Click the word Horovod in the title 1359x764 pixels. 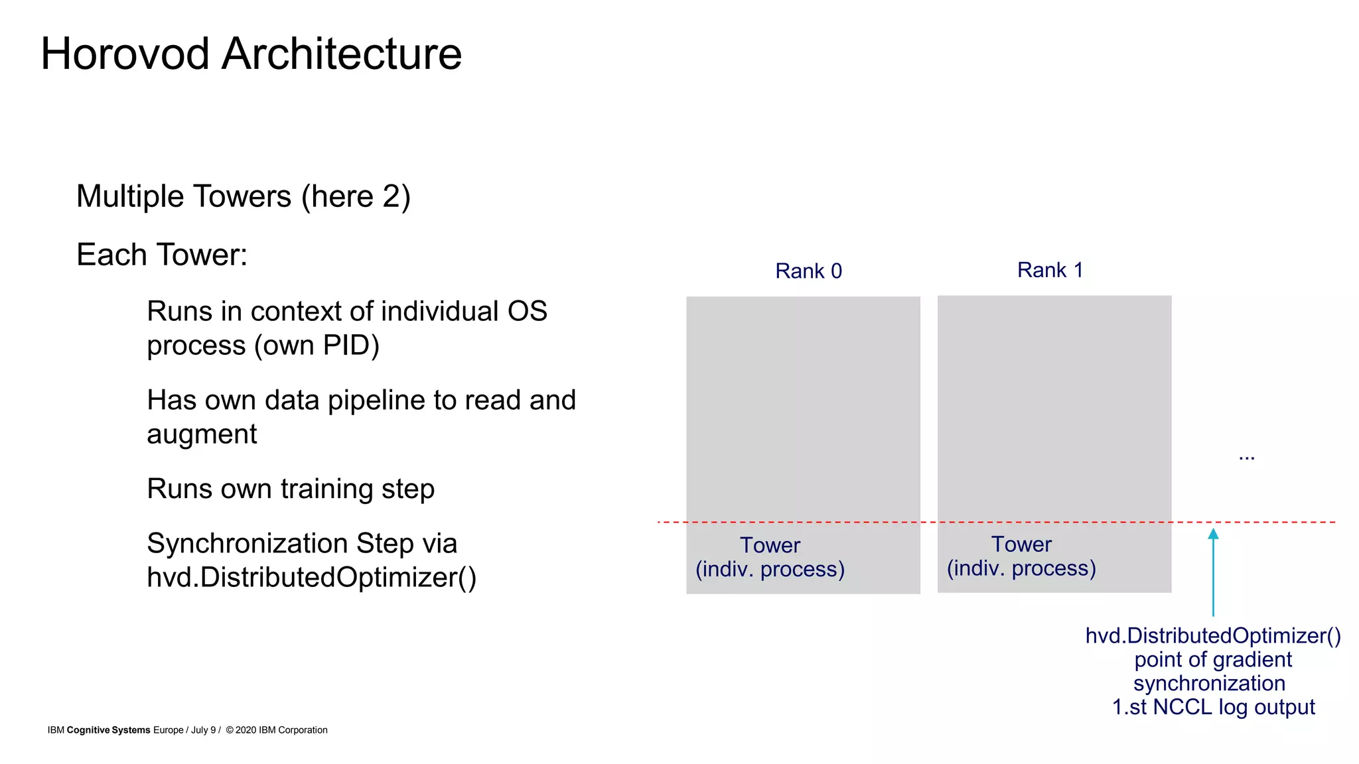[x=125, y=54]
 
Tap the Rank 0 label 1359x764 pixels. [x=808, y=271]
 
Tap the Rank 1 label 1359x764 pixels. [x=1050, y=270]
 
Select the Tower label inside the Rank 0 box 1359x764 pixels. [x=770, y=545]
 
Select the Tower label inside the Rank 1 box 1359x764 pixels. [x=1021, y=544]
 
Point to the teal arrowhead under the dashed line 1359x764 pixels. [x=1213, y=534]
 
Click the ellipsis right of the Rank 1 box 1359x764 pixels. [x=1246, y=457]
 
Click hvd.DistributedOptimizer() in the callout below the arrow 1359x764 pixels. [x=1212, y=635]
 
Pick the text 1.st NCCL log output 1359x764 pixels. [x=1212, y=707]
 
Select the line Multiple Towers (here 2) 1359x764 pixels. [x=244, y=197]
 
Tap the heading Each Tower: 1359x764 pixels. [x=162, y=255]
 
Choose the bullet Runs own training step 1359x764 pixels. [x=290, y=489]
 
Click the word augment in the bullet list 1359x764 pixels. [x=202, y=435]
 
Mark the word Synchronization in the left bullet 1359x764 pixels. [x=247, y=544]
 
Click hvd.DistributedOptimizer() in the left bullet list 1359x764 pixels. [x=311, y=578]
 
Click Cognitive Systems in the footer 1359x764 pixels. [x=108, y=730]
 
